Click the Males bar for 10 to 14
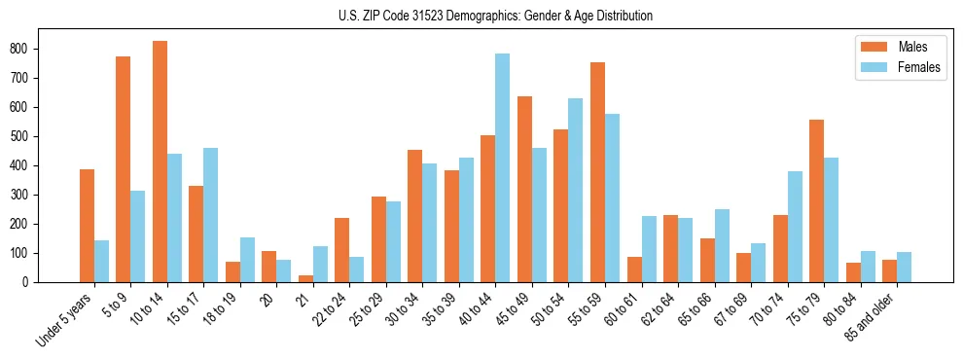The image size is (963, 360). pos(160,162)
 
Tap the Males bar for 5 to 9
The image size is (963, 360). pos(124,169)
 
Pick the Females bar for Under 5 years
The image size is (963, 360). pos(101,261)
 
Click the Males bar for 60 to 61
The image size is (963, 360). pos(634,270)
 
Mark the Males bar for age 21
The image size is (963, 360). pos(305,278)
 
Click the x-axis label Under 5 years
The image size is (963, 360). pos(65,319)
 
